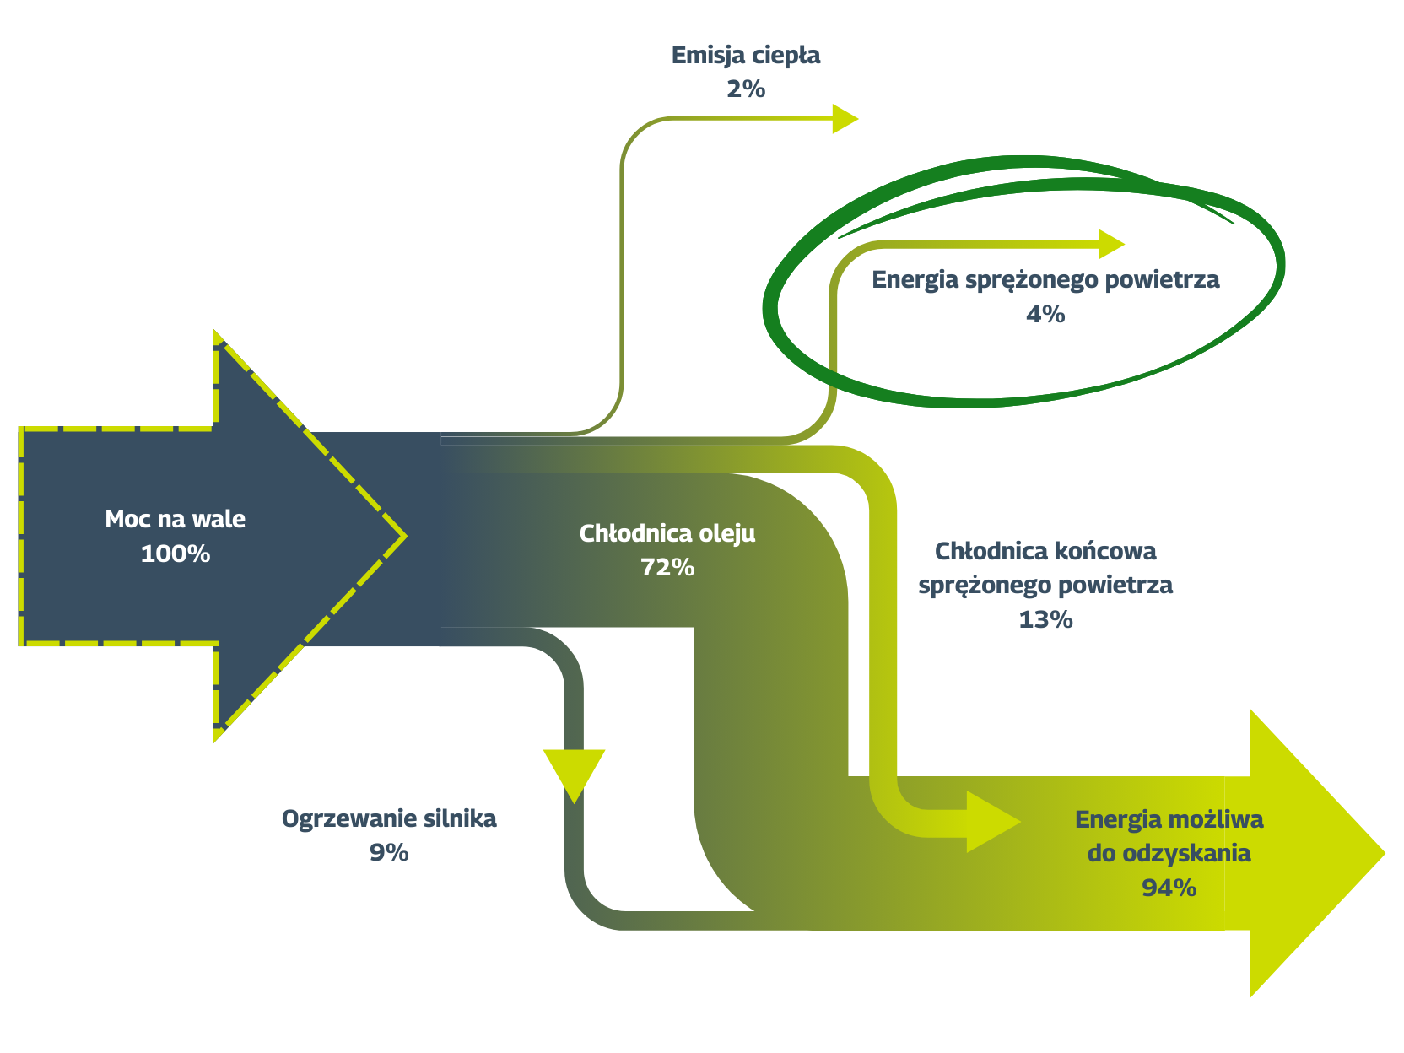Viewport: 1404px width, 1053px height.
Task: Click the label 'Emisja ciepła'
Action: pos(746,56)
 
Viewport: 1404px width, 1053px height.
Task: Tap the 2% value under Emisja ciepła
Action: pos(746,89)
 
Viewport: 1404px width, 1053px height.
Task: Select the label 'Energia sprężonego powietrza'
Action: pos(1045,279)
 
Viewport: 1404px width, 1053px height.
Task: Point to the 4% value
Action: pos(1045,314)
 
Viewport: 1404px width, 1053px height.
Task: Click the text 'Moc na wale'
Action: pos(175,519)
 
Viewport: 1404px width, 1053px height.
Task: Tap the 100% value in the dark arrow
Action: pos(175,553)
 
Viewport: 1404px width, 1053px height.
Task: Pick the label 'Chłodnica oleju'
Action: pos(667,533)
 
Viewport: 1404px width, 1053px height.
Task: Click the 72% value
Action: pos(667,567)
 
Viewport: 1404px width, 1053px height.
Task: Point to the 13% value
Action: pos(1045,619)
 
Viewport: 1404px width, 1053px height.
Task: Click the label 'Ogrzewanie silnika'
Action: pos(389,818)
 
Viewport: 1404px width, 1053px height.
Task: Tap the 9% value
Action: pos(389,852)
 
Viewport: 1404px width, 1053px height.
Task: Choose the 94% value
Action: pos(1169,888)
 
